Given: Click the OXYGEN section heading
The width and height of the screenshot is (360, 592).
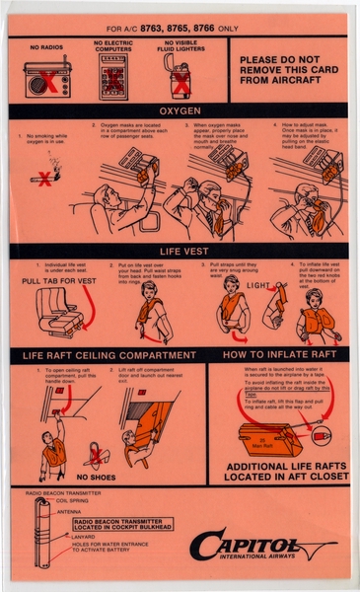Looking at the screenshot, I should [179, 111].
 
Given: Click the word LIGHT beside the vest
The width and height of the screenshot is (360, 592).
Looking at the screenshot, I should [257, 286].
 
